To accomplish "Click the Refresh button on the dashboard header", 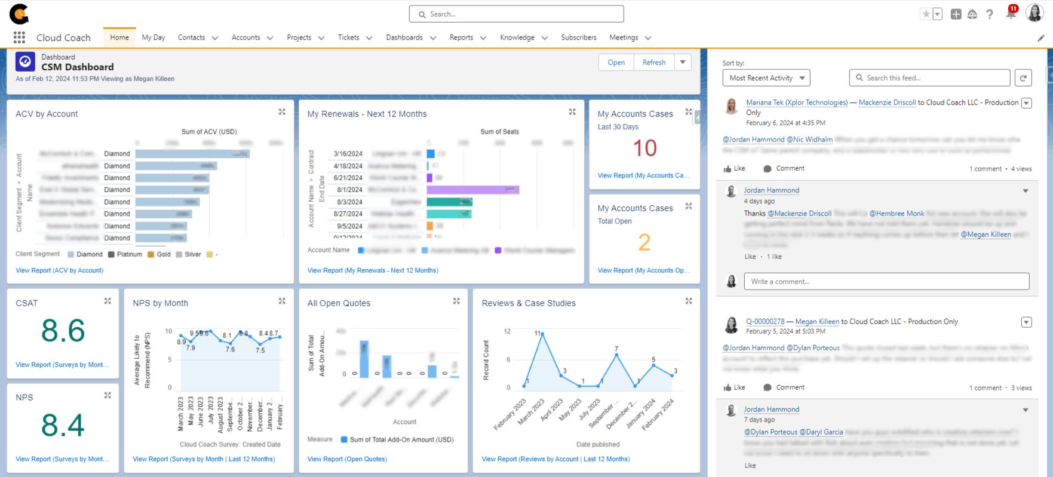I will coord(653,63).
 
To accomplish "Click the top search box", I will coord(516,14).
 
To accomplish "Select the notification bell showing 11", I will coord(1011,14).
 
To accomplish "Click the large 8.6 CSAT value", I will coord(63,331).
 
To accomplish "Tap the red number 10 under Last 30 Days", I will coord(644,148).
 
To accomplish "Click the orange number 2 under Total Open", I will coord(644,242).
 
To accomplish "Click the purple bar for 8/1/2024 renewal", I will coord(472,190).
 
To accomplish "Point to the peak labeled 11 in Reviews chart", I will coord(542,334).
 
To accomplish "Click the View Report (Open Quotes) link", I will coord(347,459).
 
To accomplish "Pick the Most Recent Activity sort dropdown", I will coord(766,78).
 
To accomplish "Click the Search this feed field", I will coord(929,78).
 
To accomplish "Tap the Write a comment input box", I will coord(886,282).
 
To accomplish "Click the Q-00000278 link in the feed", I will coord(765,322).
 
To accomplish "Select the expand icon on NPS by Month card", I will coord(282,301).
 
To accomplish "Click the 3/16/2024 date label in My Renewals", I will coord(348,154).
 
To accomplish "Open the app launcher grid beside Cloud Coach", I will coord(19,38).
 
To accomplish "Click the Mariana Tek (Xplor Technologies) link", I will coord(797,103).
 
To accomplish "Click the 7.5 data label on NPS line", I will coord(260,350).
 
